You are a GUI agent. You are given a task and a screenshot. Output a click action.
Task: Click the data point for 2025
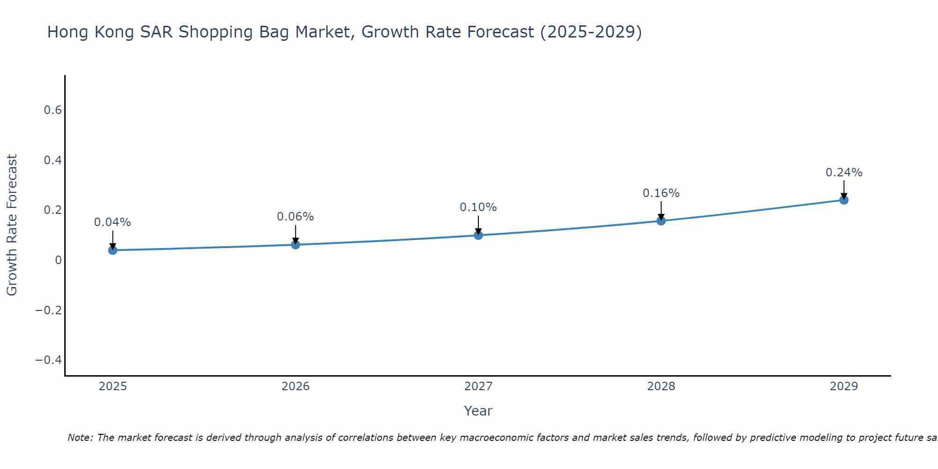(113, 250)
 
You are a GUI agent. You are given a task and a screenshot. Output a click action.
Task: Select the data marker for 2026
(295, 244)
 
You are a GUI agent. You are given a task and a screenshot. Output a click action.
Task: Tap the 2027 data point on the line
(478, 235)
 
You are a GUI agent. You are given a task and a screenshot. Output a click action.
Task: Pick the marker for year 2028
(661, 220)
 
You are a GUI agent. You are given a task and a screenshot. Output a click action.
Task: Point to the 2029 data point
(844, 200)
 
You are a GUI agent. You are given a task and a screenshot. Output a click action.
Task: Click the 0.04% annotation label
(113, 222)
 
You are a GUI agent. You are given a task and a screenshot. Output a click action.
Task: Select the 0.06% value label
(295, 217)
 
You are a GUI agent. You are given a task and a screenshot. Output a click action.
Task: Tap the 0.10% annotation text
(478, 207)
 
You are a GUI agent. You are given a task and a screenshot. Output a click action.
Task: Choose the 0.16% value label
(661, 193)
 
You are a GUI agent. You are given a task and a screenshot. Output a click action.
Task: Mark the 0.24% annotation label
(844, 173)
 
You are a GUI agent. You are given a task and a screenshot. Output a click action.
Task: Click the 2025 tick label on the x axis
(113, 386)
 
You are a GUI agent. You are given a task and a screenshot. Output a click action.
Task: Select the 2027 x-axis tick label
(478, 386)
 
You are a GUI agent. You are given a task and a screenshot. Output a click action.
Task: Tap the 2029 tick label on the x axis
(844, 386)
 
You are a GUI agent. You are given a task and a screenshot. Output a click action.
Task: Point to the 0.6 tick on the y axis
(53, 110)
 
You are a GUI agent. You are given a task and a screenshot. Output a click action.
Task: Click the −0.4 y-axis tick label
(49, 360)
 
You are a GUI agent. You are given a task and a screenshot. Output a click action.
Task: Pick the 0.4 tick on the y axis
(53, 160)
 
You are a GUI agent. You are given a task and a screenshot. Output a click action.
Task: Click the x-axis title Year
(478, 411)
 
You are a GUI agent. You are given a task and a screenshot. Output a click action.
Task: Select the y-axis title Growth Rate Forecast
(12, 225)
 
